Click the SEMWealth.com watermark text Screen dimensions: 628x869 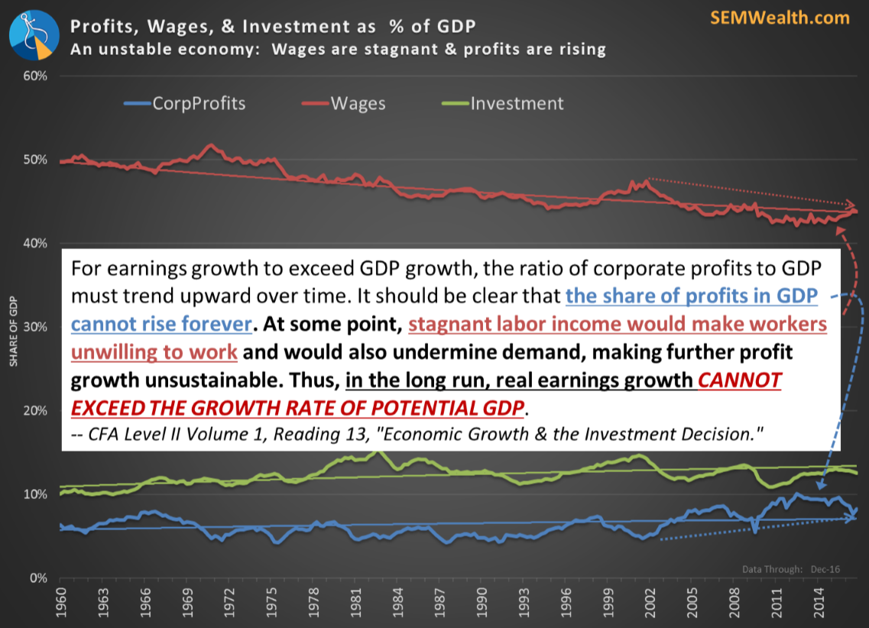(x=780, y=18)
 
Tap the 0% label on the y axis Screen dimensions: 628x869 (x=39, y=578)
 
